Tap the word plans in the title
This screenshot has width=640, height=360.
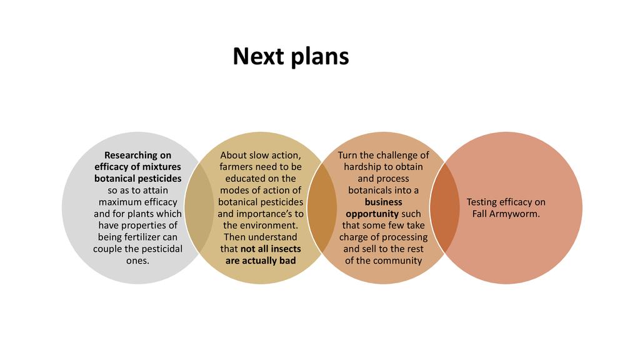pyautogui.click(x=321, y=57)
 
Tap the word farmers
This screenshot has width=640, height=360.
pyautogui.click(x=237, y=167)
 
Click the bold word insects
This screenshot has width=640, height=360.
pyautogui.click(x=286, y=249)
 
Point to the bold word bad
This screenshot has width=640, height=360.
pyautogui.click(x=287, y=261)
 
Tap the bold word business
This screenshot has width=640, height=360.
pyautogui.click(x=383, y=202)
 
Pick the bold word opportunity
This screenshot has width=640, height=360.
pyautogui.click(x=372, y=214)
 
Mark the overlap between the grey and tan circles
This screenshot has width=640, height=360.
pyautogui.click(x=199, y=208)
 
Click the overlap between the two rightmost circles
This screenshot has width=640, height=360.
pyautogui.click(x=444, y=208)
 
